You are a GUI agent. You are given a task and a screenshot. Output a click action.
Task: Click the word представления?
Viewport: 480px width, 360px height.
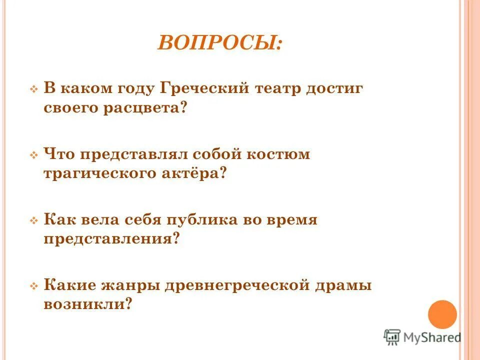coord(111,238)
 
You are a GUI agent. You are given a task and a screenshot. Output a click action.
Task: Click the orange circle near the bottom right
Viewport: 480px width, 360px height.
coord(442,314)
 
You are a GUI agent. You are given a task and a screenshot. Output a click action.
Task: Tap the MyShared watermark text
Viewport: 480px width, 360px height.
coord(432,337)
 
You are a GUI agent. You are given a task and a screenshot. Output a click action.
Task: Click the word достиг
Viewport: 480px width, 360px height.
coord(338,88)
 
